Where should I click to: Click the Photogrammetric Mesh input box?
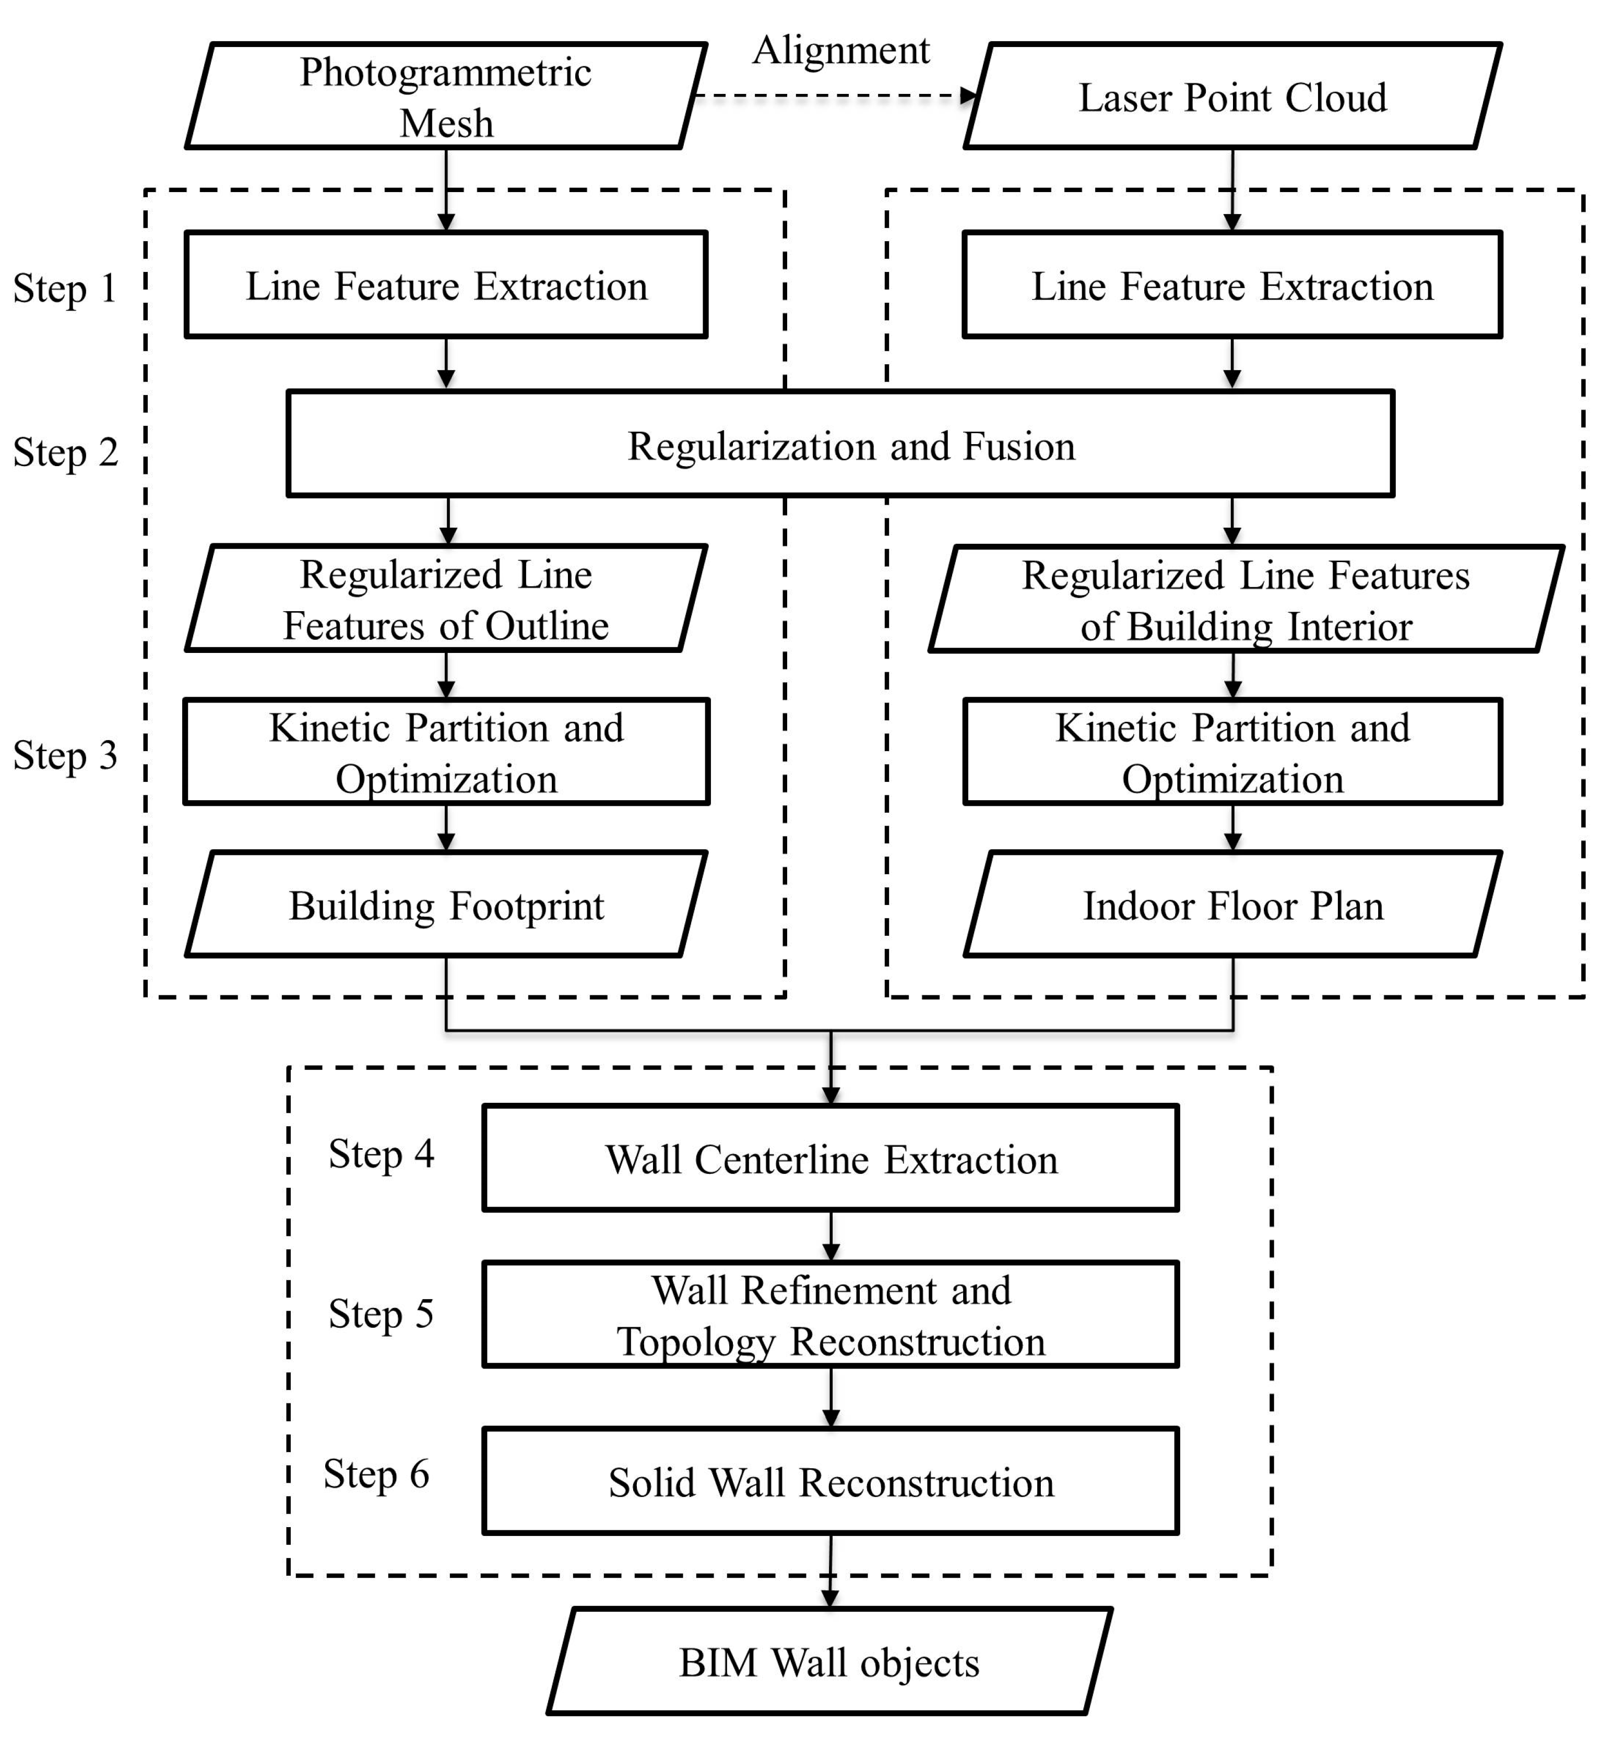pyautogui.click(x=446, y=96)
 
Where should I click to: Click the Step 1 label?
pyautogui.click(x=65, y=288)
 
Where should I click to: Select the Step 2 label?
pyautogui.click(x=65, y=452)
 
